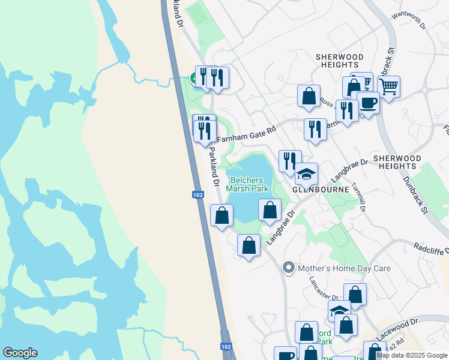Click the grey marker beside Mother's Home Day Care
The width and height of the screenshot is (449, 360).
pos(289,268)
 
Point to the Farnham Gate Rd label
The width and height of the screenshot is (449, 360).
pos(246,134)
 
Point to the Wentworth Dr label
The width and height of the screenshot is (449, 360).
pos(408,22)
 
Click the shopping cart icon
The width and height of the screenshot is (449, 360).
pos(389,87)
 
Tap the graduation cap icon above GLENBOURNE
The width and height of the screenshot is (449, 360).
pos(306,174)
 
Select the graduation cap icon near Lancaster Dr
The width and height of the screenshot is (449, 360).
pos(339,310)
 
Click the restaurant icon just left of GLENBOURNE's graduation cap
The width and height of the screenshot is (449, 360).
pos(290,160)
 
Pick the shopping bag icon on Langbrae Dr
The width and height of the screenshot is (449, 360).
pos(270,210)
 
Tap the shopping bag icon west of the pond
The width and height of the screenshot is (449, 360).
pos(221,215)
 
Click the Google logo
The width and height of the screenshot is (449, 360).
pos(20,353)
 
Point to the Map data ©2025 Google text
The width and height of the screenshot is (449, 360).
pos(412,355)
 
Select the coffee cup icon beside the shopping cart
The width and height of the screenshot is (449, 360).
pos(368,103)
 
